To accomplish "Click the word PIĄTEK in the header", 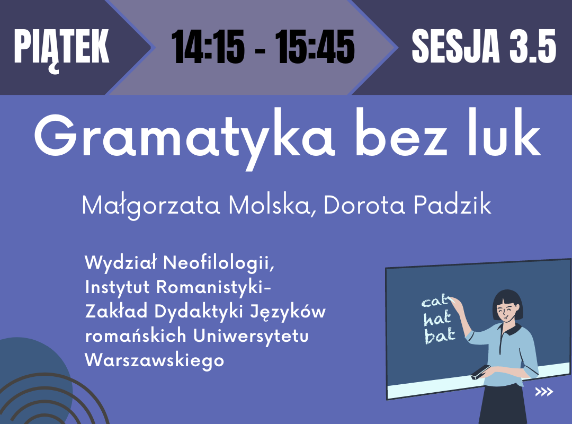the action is tap(61, 49).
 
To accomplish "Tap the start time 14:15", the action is tap(208, 47).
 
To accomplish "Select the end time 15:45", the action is tap(315, 47).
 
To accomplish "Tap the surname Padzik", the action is tap(452, 205).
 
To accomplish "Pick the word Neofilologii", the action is tap(219, 263).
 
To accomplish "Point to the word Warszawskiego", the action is tap(154, 360).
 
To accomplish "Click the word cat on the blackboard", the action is tap(435, 301).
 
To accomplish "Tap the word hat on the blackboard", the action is tap(437, 319).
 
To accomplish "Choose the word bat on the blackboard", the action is tap(440, 335).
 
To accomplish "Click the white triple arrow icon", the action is tap(544, 392).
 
